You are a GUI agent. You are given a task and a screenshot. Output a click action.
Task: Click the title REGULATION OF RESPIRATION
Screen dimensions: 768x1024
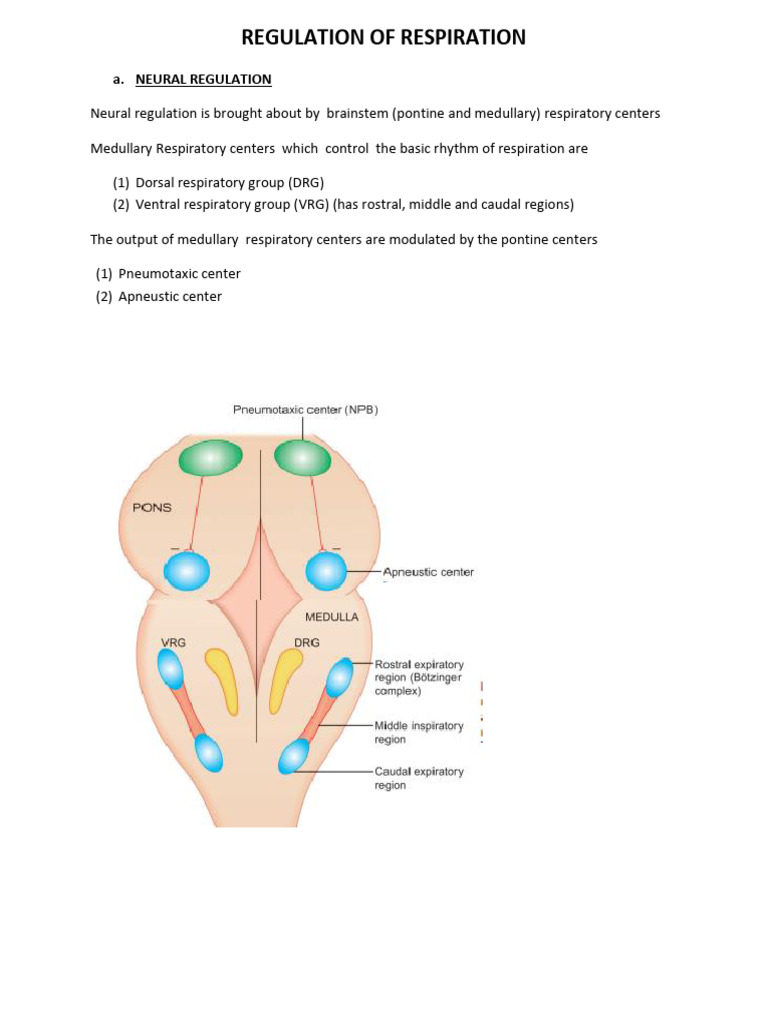384,38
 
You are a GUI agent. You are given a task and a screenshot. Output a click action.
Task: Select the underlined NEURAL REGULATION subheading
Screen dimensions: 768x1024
203,79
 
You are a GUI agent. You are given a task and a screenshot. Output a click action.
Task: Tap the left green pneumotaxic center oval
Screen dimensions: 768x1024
210,458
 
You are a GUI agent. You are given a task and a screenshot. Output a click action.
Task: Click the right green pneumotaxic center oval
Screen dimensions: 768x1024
302,458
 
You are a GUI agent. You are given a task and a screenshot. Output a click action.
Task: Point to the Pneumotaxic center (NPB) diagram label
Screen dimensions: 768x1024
305,409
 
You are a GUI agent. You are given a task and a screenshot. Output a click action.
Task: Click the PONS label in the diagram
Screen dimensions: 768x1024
152,507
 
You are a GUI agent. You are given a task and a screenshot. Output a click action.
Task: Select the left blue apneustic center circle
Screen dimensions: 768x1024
187,571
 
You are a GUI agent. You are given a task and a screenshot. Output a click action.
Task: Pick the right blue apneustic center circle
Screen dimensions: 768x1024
326,571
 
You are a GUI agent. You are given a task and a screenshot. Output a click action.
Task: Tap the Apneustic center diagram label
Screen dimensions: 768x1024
428,572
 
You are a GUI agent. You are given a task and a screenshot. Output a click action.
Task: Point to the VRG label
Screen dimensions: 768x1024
173,642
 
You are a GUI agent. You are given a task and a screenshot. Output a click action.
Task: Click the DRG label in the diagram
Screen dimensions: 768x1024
307,642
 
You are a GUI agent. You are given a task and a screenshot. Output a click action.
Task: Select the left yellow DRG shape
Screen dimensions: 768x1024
222,680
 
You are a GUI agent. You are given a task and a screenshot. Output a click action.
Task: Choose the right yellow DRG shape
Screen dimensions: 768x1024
287,680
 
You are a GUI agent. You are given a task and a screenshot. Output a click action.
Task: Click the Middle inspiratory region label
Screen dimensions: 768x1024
418,732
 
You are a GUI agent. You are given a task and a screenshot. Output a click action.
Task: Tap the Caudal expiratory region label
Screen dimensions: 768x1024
418,778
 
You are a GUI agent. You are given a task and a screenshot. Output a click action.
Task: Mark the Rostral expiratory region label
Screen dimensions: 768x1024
418,677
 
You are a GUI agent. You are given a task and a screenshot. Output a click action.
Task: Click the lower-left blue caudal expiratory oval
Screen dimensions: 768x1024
209,752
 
